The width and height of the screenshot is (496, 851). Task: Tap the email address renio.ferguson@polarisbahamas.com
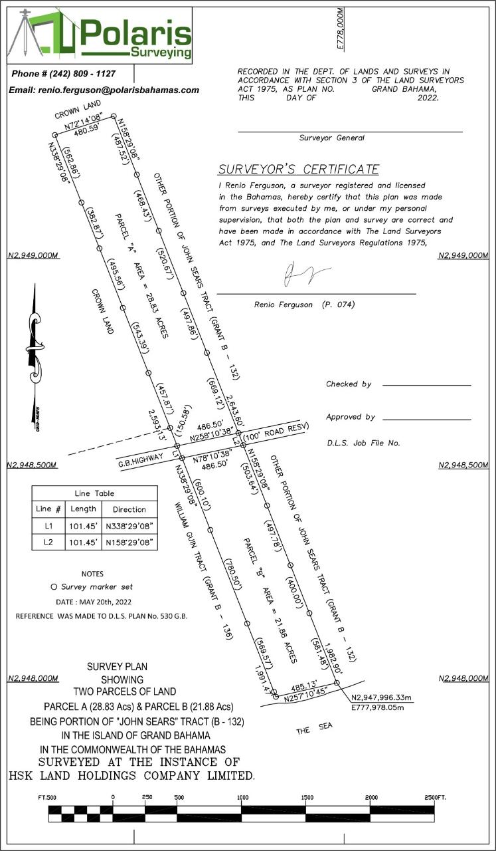click(x=104, y=90)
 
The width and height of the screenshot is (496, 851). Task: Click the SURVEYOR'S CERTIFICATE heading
click(x=298, y=169)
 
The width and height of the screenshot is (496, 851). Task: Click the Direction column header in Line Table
click(x=129, y=509)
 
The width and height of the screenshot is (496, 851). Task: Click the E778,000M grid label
click(x=340, y=28)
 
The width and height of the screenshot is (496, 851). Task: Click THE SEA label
click(x=312, y=730)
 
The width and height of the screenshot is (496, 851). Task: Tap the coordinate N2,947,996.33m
click(x=382, y=697)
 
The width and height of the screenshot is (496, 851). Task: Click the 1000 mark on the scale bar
click(x=242, y=797)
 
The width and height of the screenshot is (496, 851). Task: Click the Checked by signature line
click(x=426, y=385)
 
